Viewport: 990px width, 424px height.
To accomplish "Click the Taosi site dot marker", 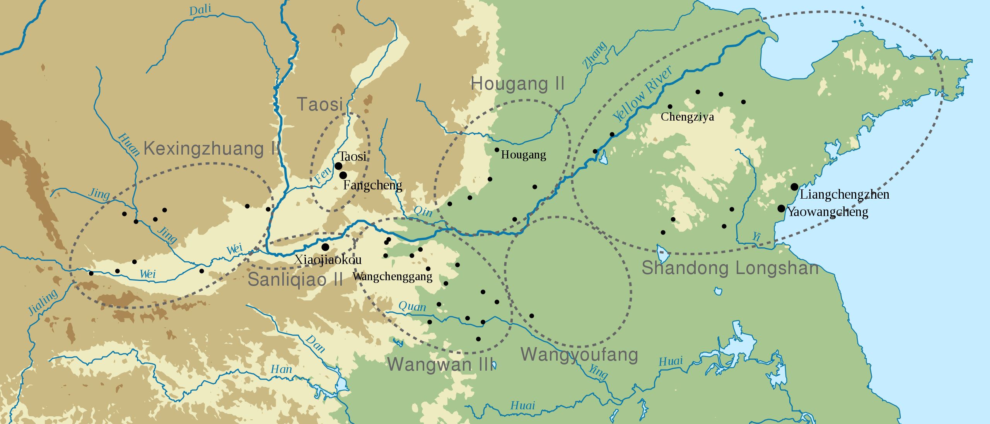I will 338,166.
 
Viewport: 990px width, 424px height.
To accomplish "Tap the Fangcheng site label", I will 372,185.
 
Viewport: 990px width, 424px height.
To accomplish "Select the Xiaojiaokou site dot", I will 325,247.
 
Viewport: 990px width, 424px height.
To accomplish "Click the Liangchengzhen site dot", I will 794,187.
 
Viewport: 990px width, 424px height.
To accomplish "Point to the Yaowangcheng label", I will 828,212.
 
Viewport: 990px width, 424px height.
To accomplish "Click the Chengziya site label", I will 687,117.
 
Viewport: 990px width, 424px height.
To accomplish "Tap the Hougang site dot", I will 497,150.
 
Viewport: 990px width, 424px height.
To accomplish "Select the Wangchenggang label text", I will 392,276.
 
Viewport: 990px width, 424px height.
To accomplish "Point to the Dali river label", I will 200,10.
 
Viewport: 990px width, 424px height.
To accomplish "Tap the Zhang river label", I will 595,55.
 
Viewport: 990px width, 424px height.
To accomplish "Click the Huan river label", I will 129,144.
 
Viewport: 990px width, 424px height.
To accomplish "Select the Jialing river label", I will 43,302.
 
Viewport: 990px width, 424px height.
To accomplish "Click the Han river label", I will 281,370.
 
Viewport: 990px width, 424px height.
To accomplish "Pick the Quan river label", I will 412,307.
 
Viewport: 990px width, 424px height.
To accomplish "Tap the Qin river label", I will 423,212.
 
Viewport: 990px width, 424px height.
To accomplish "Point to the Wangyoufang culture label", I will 579,354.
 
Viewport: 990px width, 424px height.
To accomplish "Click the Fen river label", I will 323,175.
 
